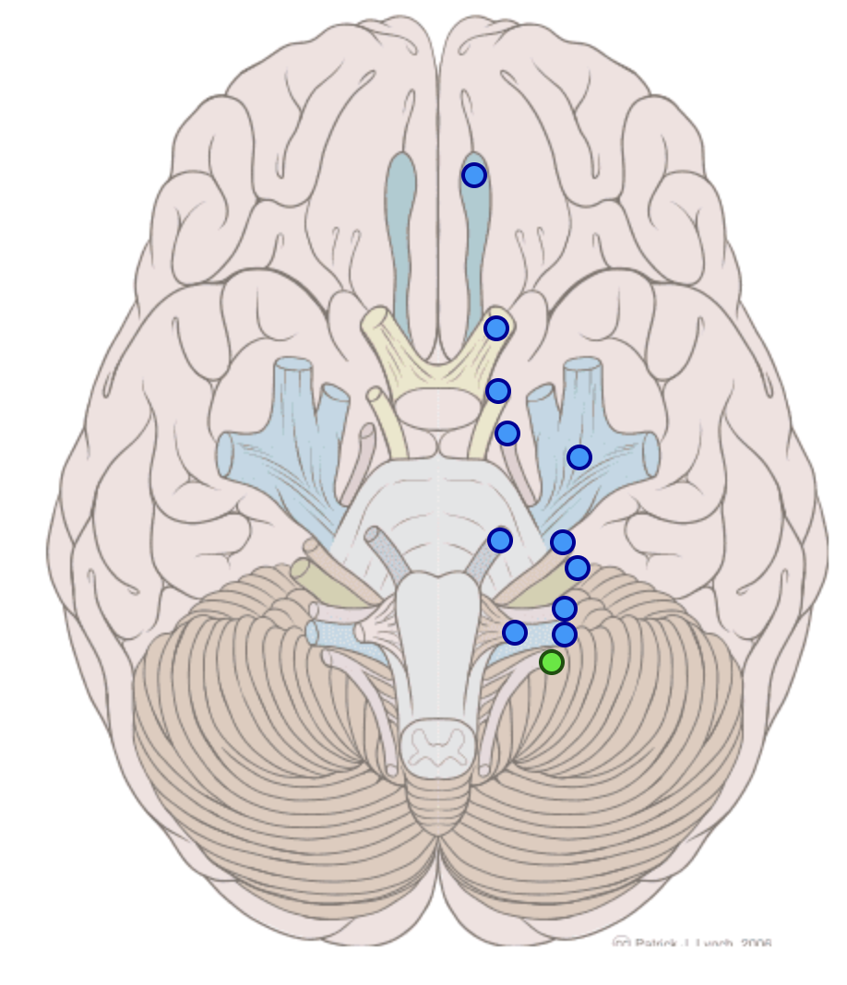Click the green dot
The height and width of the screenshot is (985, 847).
pyautogui.click(x=552, y=661)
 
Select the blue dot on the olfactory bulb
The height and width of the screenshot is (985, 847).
pyautogui.click(x=474, y=174)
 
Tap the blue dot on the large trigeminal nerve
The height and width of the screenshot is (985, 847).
pyautogui.click(x=579, y=457)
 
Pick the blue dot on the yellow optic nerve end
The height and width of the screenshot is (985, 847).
pyautogui.click(x=496, y=327)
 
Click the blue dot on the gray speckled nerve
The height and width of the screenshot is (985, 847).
pyautogui.click(x=500, y=540)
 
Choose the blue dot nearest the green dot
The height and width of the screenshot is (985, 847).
pyautogui.click(x=565, y=634)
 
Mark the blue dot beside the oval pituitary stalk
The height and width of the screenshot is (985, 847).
pyautogui.click(x=497, y=391)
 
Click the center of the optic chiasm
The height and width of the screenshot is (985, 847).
pyautogui.click(x=438, y=369)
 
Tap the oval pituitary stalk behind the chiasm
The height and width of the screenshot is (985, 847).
pyautogui.click(x=439, y=407)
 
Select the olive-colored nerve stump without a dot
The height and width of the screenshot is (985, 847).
pyautogui.click(x=304, y=572)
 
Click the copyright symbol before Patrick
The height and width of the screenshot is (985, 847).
pyautogui.click(x=622, y=943)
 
